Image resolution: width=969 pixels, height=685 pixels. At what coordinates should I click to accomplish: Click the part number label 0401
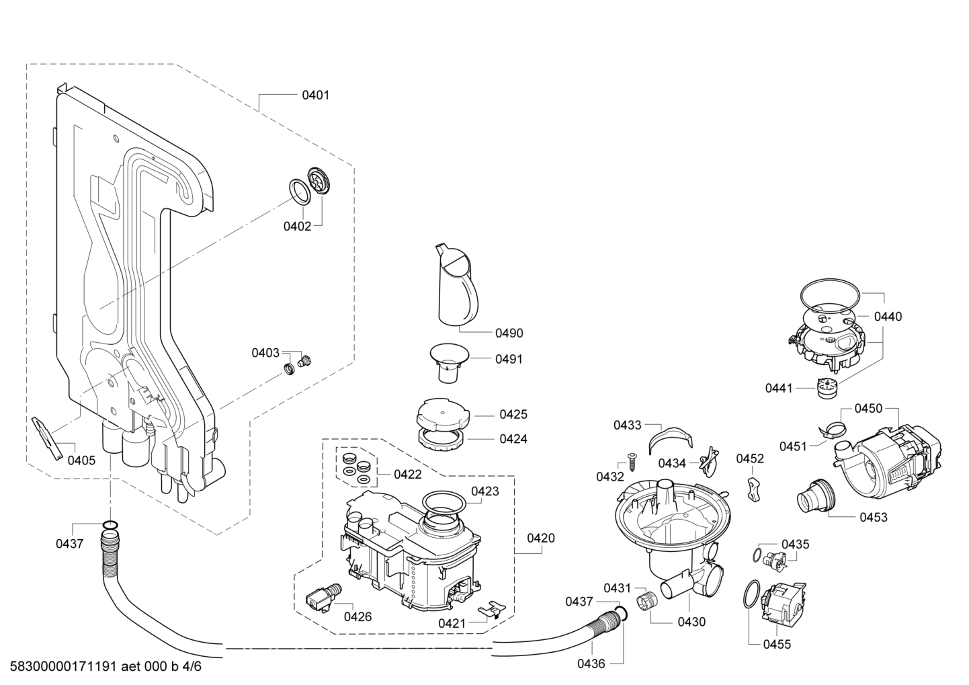coord(315,95)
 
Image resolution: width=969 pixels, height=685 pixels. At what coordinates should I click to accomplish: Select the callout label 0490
coord(509,333)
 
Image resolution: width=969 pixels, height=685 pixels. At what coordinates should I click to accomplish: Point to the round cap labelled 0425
coord(442,411)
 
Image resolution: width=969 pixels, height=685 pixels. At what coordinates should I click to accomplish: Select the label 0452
coord(750,458)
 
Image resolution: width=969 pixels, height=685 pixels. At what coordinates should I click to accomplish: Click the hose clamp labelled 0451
coord(833,429)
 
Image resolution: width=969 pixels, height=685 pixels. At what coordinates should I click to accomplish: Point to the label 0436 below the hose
coord(591,663)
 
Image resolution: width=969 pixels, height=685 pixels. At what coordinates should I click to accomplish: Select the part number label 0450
coord(868,408)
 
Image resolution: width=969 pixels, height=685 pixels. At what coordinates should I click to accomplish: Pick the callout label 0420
coord(540,538)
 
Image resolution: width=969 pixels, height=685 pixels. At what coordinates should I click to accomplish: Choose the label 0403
coord(265,352)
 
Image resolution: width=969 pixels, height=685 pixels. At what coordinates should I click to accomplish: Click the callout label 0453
coord(873,517)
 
